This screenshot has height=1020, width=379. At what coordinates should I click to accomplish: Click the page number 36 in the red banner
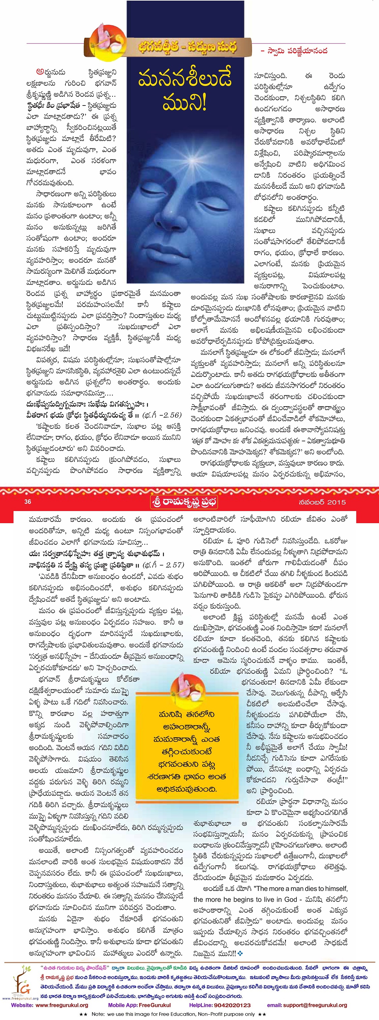(28, 502)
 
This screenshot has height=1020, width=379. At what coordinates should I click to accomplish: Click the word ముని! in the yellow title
(184, 102)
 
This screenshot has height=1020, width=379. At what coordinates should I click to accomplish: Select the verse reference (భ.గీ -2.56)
(162, 415)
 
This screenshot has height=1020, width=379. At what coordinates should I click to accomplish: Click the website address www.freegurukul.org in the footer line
(62, 1005)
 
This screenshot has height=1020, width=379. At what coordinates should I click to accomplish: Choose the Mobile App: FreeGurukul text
(139, 1005)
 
